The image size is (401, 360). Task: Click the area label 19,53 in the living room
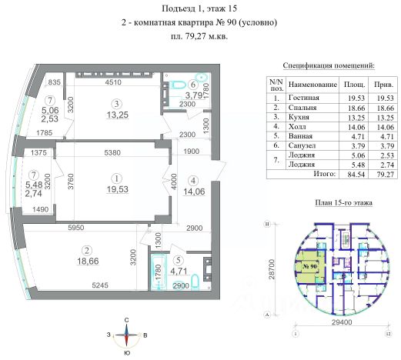click(118, 189)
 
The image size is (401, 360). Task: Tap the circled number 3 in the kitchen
click(117, 104)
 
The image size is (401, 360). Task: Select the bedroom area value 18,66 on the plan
click(88, 261)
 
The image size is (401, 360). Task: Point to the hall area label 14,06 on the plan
click(194, 192)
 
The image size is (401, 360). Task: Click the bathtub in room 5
click(159, 272)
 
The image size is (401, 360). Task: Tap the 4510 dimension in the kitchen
click(113, 82)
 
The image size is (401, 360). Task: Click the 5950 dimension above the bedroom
click(75, 228)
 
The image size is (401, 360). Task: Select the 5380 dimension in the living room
click(112, 152)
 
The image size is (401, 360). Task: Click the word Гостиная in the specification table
click(303, 98)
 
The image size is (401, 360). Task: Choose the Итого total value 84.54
click(356, 175)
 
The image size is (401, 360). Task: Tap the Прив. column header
click(383, 85)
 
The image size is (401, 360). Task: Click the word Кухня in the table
click(299, 117)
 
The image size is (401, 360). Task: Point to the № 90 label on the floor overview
click(309, 266)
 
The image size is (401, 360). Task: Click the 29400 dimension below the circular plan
click(342, 322)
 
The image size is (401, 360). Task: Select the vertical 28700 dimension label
click(272, 269)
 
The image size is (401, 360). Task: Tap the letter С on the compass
click(126, 320)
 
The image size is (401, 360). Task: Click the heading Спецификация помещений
click(329, 65)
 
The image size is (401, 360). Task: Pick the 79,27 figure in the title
click(195, 36)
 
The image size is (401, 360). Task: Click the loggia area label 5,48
click(34, 185)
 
